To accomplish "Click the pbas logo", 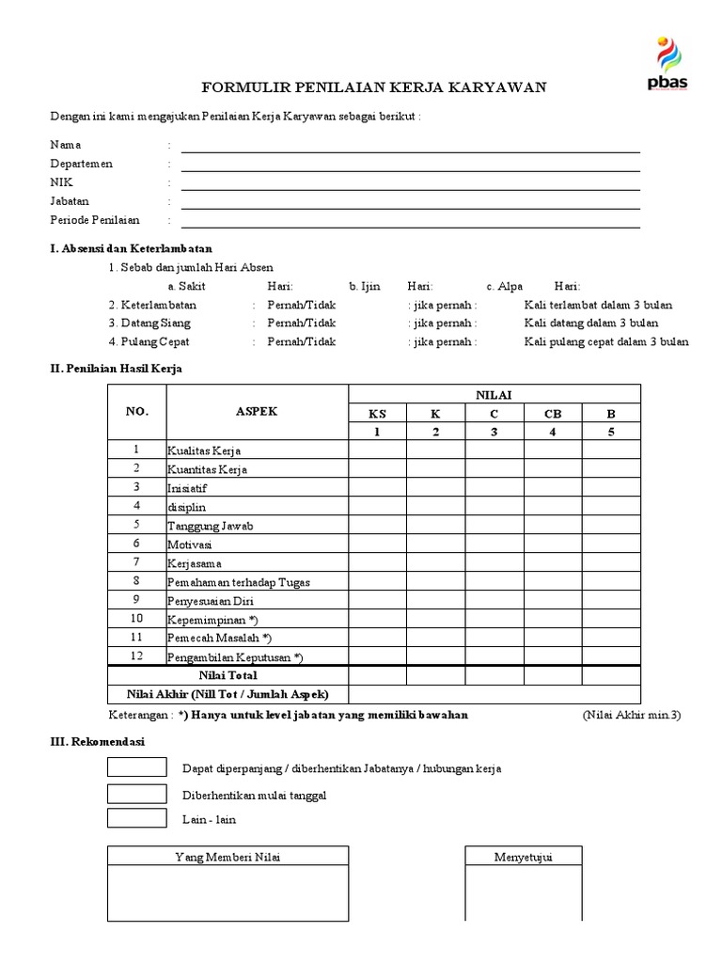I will click(667, 65).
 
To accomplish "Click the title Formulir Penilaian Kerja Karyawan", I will click(374, 87).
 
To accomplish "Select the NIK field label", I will click(61, 182).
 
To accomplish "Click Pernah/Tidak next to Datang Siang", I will click(301, 324).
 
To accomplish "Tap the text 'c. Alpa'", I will click(505, 286).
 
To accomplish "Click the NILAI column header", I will click(494, 395).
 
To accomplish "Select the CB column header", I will click(553, 414).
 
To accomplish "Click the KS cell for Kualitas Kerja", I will click(377, 450).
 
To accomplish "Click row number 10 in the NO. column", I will click(136, 619).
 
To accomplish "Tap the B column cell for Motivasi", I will click(611, 544).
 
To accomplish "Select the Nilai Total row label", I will click(228, 675).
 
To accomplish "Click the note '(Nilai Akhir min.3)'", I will click(630, 715).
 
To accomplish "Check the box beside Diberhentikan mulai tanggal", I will click(136, 793).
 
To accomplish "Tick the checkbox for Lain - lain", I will click(136, 817).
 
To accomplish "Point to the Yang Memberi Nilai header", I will click(228, 856).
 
